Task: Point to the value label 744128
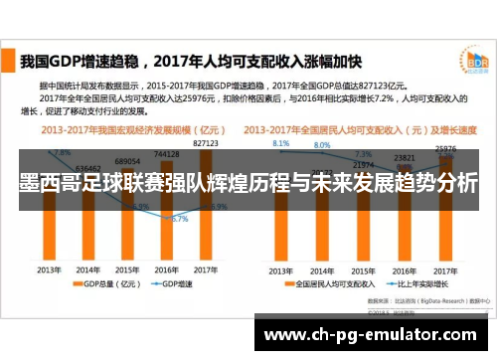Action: [x=166, y=155]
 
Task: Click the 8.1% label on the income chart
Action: [x=280, y=143]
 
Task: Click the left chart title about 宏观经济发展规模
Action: [x=123, y=130]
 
